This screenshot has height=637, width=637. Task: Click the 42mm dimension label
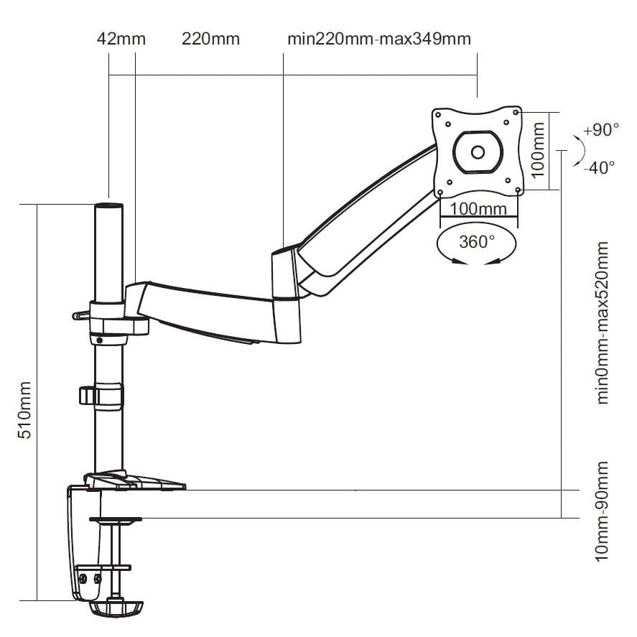coord(121,39)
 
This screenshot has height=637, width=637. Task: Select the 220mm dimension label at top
coord(210,39)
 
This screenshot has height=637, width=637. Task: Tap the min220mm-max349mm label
coord(379,39)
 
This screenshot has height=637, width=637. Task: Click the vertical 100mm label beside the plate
coord(538,150)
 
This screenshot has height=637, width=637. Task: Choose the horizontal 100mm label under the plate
coord(478,209)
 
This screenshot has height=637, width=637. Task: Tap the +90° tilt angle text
coord(600,131)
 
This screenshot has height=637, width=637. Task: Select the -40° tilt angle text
coord(599,168)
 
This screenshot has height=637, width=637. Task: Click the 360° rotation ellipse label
coord(477,241)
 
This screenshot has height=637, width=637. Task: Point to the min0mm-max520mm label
coord(602,322)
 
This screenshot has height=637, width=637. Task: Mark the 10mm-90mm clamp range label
coord(602,511)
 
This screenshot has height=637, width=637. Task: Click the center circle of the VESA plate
coord(478,152)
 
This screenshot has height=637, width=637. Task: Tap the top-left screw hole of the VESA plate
coord(438,113)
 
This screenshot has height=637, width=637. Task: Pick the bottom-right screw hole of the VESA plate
coord(517,190)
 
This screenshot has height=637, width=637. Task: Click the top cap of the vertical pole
coord(108,206)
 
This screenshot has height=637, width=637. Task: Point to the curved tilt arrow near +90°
coord(578,152)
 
